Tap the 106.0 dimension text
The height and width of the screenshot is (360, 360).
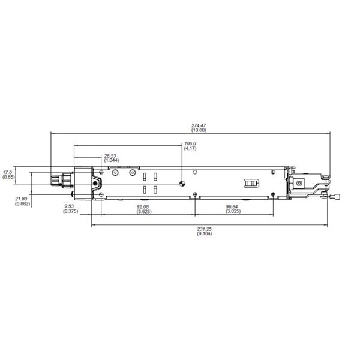point(190,143)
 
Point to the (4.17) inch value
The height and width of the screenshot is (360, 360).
point(190,148)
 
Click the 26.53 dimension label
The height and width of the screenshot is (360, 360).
point(110,155)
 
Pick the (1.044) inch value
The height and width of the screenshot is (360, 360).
point(110,160)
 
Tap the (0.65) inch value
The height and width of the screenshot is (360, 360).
point(8,177)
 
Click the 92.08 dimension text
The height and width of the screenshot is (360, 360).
point(143,207)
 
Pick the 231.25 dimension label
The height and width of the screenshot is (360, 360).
point(204,229)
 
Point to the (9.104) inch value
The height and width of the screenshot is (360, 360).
point(204,233)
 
